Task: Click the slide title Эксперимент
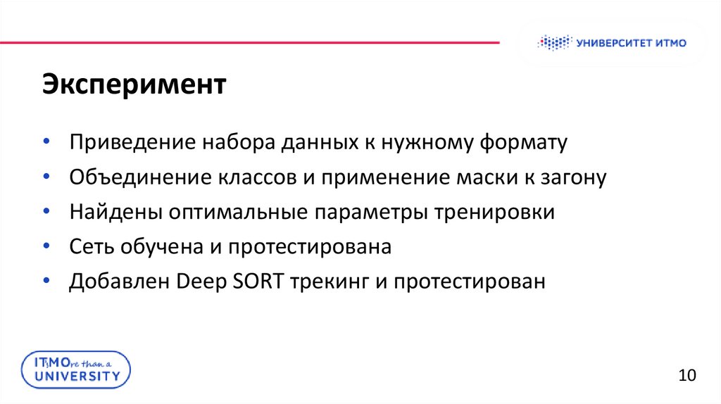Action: [x=133, y=85]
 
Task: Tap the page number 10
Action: [x=686, y=374]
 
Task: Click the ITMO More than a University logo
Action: [x=75, y=370]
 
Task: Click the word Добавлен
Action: [x=119, y=282]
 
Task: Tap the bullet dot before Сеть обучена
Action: [x=45, y=246]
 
